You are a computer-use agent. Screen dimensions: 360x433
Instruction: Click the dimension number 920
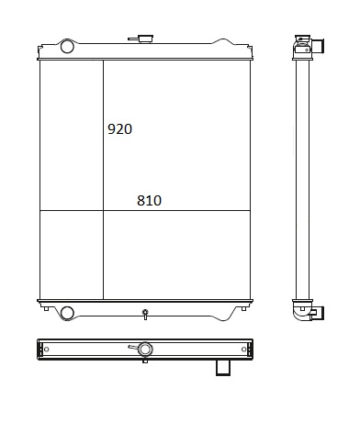[x=119, y=129]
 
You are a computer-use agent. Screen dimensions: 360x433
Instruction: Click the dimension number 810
[x=149, y=201]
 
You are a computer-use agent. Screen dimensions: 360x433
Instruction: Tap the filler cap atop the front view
[x=145, y=39]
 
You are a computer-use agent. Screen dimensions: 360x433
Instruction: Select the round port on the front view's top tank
[x=67, y=47]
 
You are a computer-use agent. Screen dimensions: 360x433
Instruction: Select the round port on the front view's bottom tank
[x=67, y=313]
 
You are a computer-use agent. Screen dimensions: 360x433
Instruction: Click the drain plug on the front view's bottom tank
[x=145, y=314]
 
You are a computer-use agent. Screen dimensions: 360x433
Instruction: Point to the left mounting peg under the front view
[x=46, y=309]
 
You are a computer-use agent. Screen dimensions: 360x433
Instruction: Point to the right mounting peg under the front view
[x=243, y=309]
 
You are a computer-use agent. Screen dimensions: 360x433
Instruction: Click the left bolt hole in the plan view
[x=47, y=350]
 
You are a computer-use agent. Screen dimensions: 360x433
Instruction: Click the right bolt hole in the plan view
[x=244, y=350]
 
